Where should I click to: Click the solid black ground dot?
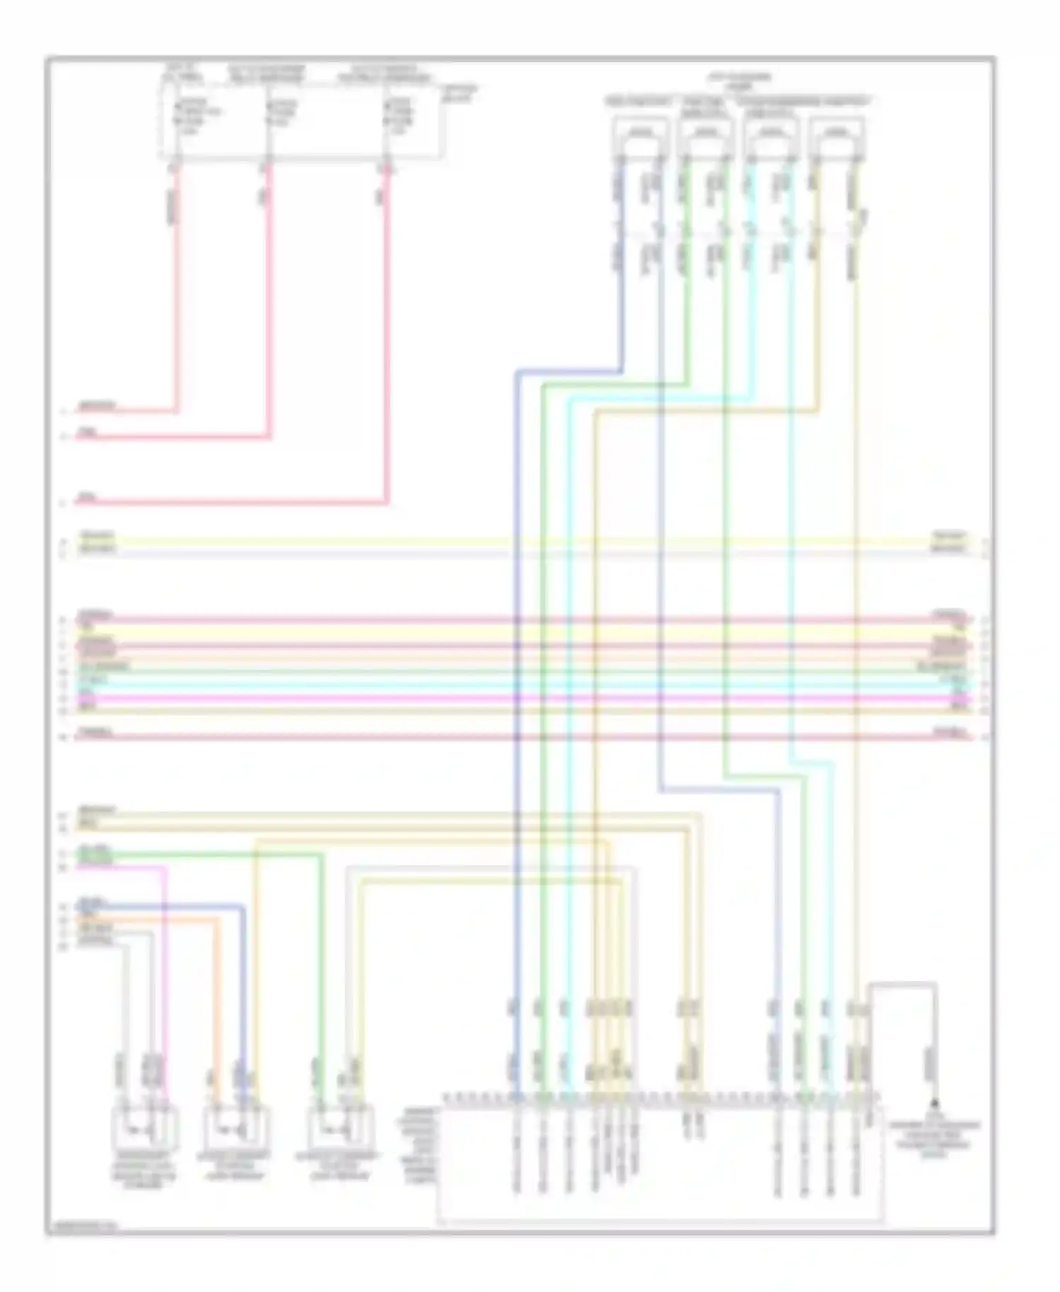(x=935, y=1103)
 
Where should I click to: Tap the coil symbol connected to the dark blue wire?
(x=640, y=134)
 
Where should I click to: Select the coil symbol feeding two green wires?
(x=704, y=134)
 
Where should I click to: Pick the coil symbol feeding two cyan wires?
(x=771, y=134)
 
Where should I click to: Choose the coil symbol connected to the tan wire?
(x=837, y=134)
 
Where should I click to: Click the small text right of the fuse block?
(x=459, y=93)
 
